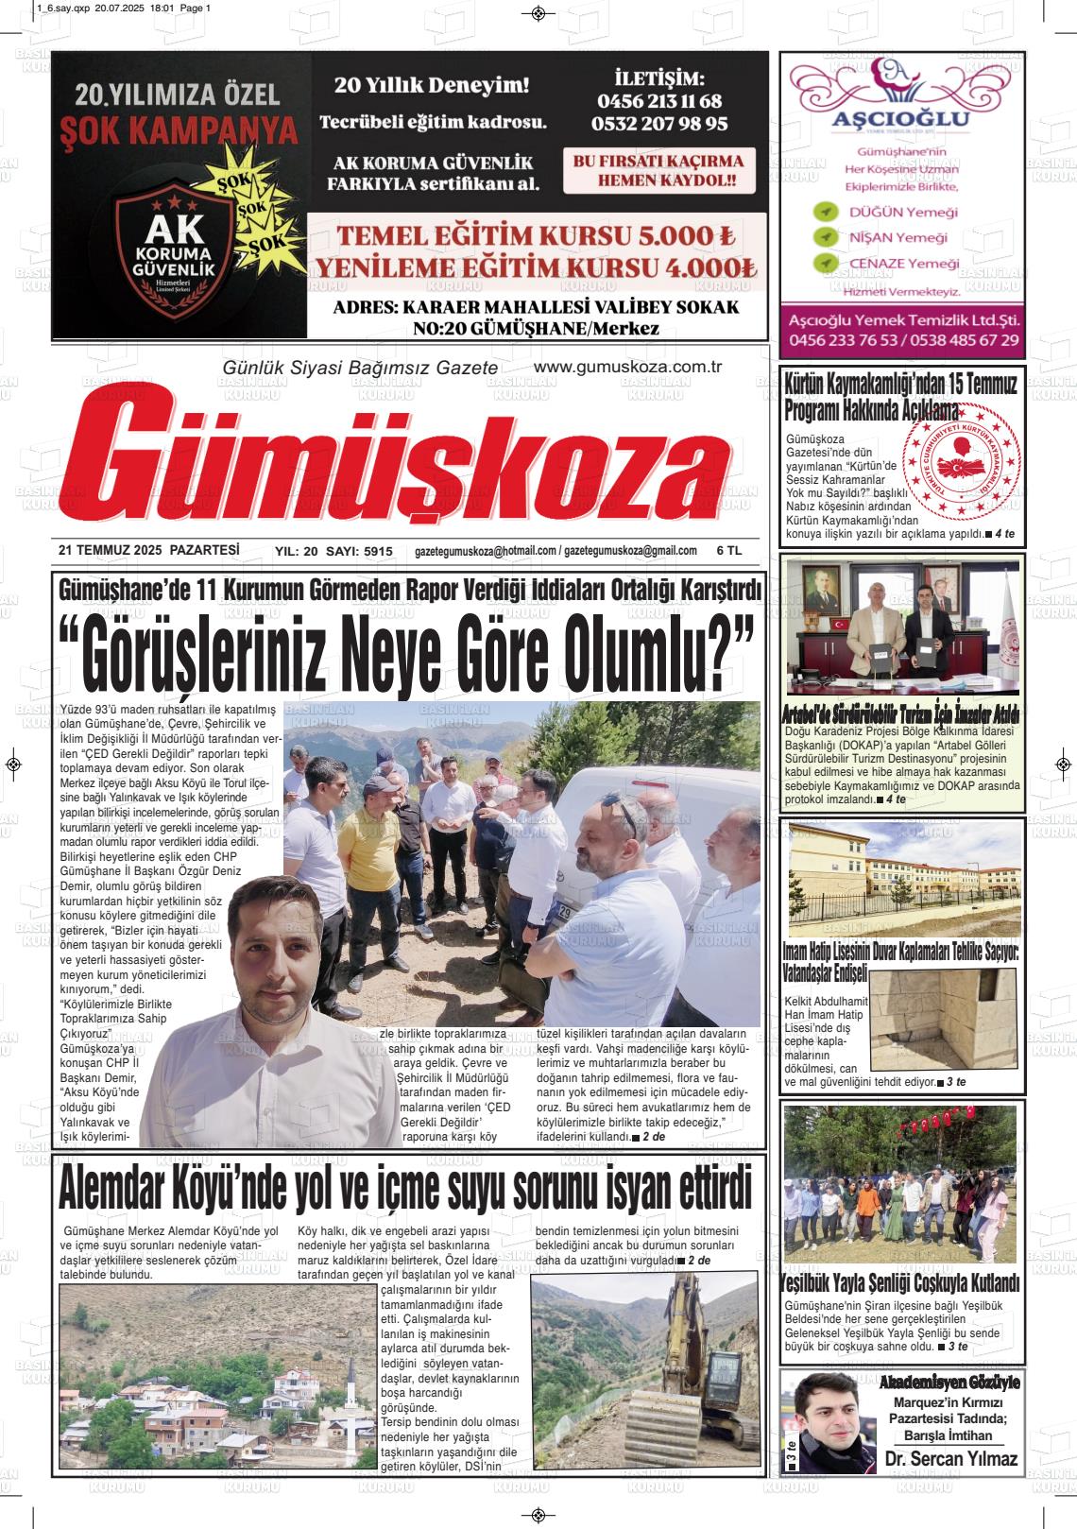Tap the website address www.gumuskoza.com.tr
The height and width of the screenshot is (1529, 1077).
627,367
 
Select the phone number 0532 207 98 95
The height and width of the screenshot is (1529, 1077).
659,123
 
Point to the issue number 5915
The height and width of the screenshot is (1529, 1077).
377,551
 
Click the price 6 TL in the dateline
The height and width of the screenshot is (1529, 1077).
728,551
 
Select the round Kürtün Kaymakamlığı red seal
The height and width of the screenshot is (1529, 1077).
959,475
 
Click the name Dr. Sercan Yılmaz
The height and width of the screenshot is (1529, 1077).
951,1459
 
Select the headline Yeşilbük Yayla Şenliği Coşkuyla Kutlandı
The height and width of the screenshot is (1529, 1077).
901,1283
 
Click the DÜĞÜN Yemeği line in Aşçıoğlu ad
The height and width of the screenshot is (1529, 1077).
902,212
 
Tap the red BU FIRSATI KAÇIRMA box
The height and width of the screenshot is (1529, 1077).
658,170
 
